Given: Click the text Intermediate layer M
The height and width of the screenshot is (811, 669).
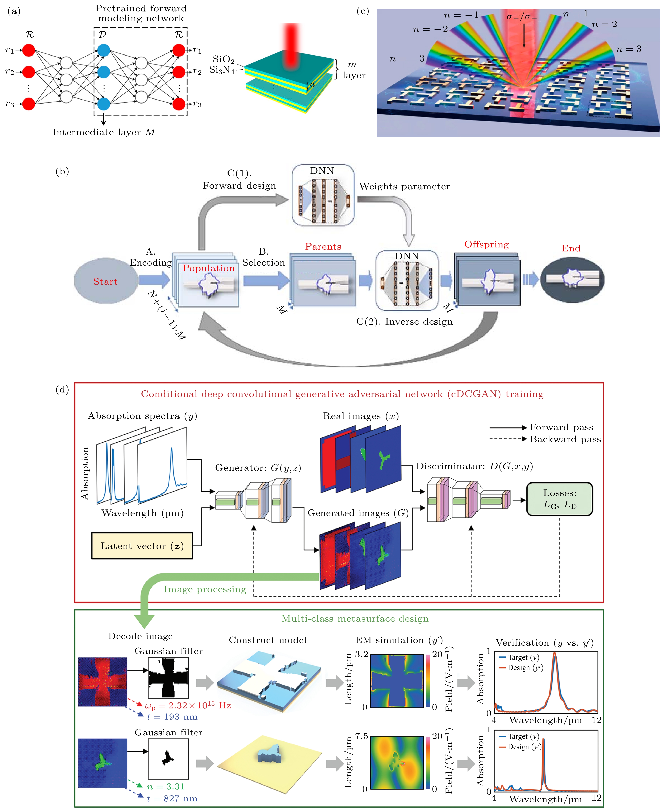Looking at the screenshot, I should [104, 132].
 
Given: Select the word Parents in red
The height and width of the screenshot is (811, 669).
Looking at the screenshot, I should [323, 247].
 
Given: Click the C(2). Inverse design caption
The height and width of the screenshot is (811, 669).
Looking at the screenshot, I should [404, 321].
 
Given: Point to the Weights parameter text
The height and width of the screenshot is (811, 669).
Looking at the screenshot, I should [404, 187].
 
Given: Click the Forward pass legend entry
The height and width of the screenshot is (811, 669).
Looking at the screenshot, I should [561, 427].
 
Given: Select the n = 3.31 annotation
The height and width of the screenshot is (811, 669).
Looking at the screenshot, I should [166, 786].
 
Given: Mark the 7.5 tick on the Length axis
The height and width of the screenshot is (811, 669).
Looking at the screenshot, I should [361, 736].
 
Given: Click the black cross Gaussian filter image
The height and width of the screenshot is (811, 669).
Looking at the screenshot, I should [168, 678].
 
